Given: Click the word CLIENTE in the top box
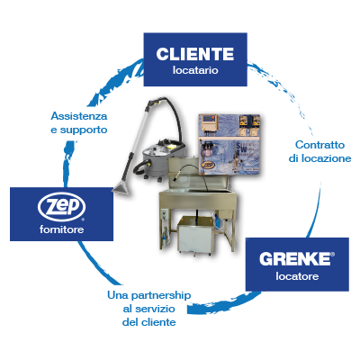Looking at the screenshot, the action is tap(195, 54).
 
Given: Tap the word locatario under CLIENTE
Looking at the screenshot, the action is tap(195, 70).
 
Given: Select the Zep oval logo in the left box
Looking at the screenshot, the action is tap(61, 207).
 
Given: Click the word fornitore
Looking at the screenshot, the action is tap(61, 229).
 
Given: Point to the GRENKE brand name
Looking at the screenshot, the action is tap(295, 259).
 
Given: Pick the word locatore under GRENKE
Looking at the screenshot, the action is tap(297, 276).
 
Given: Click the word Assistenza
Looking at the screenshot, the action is tap(79, 116).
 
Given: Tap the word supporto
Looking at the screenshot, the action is tap(84, 130).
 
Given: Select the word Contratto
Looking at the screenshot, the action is tap(319, 145).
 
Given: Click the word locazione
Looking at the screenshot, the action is tap(326, 158).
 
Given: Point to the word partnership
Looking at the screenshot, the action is tap(161, 295).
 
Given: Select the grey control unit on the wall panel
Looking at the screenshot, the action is tap(210, 122).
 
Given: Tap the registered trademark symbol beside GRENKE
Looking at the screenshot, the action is tap(332, 255).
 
